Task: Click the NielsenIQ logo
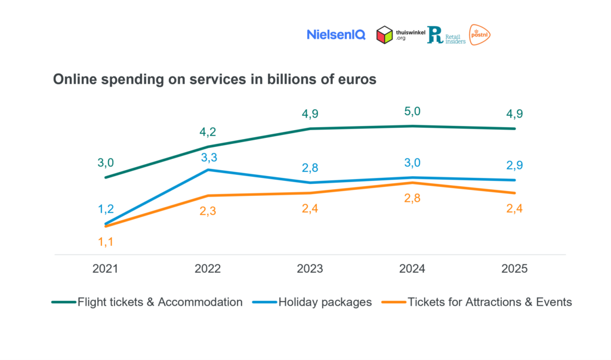(336, 35)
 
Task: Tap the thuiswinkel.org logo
(400, 35)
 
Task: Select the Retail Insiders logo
(446, 35)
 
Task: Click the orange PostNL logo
(480, 35)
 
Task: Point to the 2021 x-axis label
(105, 269)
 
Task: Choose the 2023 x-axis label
(310, 269)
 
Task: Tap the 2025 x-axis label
(515, 269)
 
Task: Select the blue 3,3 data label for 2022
(208, 157)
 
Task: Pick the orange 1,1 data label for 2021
(105, 242)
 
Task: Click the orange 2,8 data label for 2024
(412, 199)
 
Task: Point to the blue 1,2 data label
(105, 209)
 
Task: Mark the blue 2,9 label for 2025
(515, 165)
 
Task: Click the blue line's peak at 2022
(208, 170)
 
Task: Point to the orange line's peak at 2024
(412, 183)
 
